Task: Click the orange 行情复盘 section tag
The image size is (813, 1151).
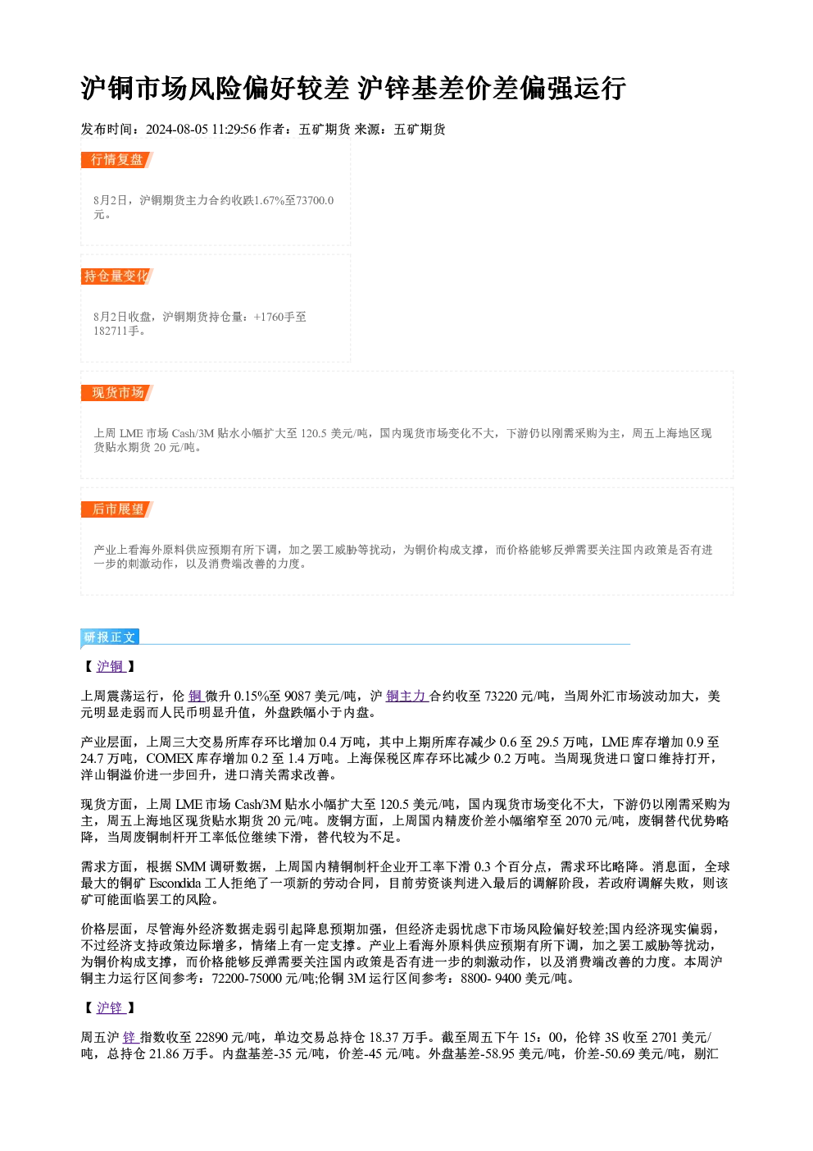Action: click(117, 160)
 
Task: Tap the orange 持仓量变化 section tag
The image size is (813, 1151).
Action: click(117, 276)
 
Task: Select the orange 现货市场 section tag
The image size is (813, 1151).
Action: click(117, 393)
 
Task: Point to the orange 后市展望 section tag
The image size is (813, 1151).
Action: click(117, 509)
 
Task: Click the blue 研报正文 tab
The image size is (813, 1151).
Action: click(110, 637)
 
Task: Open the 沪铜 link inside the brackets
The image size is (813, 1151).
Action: click(111, 666)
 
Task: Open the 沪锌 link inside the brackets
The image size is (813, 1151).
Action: click(111, 1007)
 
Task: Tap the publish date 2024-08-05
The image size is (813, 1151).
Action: click(177, 129)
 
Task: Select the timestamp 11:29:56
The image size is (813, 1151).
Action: click(234, 129)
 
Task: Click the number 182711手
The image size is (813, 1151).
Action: click(116, 331)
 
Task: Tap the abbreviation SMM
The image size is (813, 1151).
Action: click(190, 866)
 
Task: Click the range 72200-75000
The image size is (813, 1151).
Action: click(247, 978)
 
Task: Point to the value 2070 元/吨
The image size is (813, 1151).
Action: click(594, 820)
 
